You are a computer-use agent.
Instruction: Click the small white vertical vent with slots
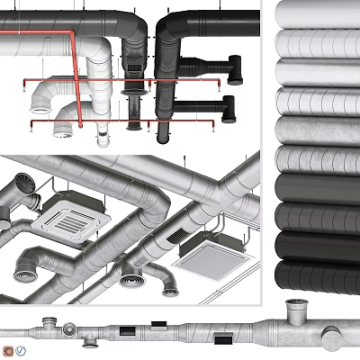click(102, 135)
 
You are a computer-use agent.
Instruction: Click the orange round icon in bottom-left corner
click(8, 349)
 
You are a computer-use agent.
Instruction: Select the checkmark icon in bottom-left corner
click(21, 349)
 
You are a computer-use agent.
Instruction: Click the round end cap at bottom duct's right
click(330, 338)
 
